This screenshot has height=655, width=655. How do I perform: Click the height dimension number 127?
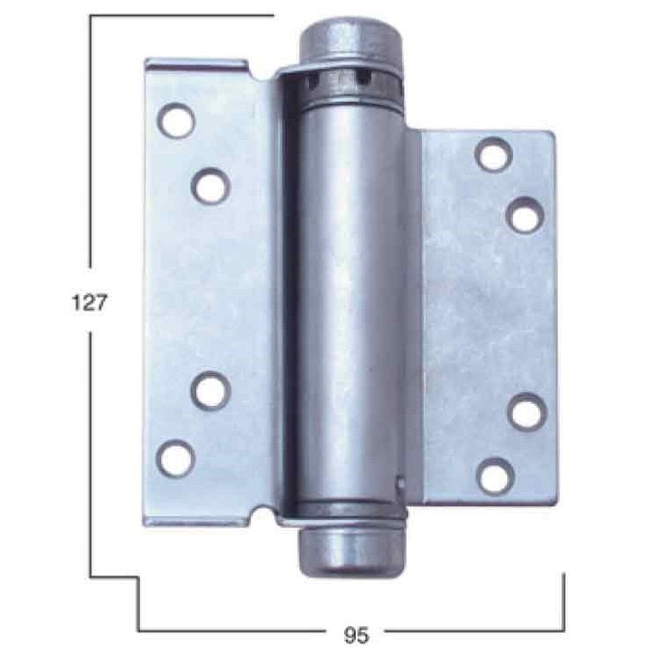point(89,303)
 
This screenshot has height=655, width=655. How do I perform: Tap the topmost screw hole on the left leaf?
point(177,120)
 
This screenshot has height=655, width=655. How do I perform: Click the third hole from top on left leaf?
point(210,391)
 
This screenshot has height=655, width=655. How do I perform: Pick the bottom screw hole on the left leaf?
point(177,458)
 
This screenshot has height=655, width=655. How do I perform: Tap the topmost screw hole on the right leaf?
point(495,154)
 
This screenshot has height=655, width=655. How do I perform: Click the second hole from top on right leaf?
point(526,216)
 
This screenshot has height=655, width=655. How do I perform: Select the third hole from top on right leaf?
point(526,412)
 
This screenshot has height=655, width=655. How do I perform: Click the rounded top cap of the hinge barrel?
point(350,40)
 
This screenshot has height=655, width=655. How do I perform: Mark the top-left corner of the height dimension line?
point(91,15)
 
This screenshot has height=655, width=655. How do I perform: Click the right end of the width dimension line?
point(563,630)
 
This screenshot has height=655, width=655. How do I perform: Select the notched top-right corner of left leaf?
point(247,61)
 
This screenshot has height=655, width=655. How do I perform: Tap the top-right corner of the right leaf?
point(553,133)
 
